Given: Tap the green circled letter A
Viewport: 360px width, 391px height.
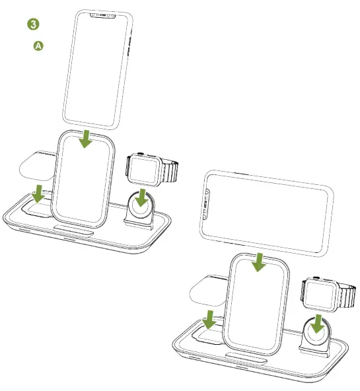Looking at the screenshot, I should (x=38, y=46).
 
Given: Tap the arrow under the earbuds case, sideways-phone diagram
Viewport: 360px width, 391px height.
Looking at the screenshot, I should (x=209, y=319).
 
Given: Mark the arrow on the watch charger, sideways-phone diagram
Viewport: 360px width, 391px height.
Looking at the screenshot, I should (x=318, y=324).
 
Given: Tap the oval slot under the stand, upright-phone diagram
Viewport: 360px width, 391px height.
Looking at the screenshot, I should (x=73, y=230).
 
